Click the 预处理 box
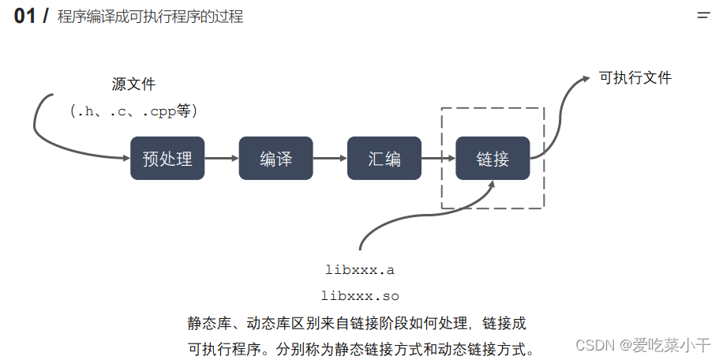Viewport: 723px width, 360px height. [x=167, y=158]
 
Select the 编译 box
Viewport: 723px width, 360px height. [x=275, y=158]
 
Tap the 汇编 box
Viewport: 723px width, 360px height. [x=384, y=158]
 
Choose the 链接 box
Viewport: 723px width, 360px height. [x=493, y=158]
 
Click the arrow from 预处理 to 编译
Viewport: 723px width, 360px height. [x=221, y=158]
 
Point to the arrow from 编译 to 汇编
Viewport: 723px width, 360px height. [x=330, y=158]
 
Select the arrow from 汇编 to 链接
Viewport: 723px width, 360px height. [x=438, y=158]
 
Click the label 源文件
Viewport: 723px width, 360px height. [x=133, y=84]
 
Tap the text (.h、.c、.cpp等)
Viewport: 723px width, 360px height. [x=133, y=111]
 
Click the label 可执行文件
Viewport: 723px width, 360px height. [x=635, y=77]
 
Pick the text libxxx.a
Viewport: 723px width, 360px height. [x=360, y=270]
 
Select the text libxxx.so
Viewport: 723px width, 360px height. [x=360, y=297]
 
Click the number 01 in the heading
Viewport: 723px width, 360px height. [x=25, y=16]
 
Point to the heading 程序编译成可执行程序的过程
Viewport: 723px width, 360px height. [x=150, y=17]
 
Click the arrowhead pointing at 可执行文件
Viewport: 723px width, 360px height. [x=585, y=78]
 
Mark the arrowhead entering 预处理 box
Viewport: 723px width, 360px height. [x=125, y=158]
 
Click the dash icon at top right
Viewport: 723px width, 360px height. [x=702, y=15]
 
